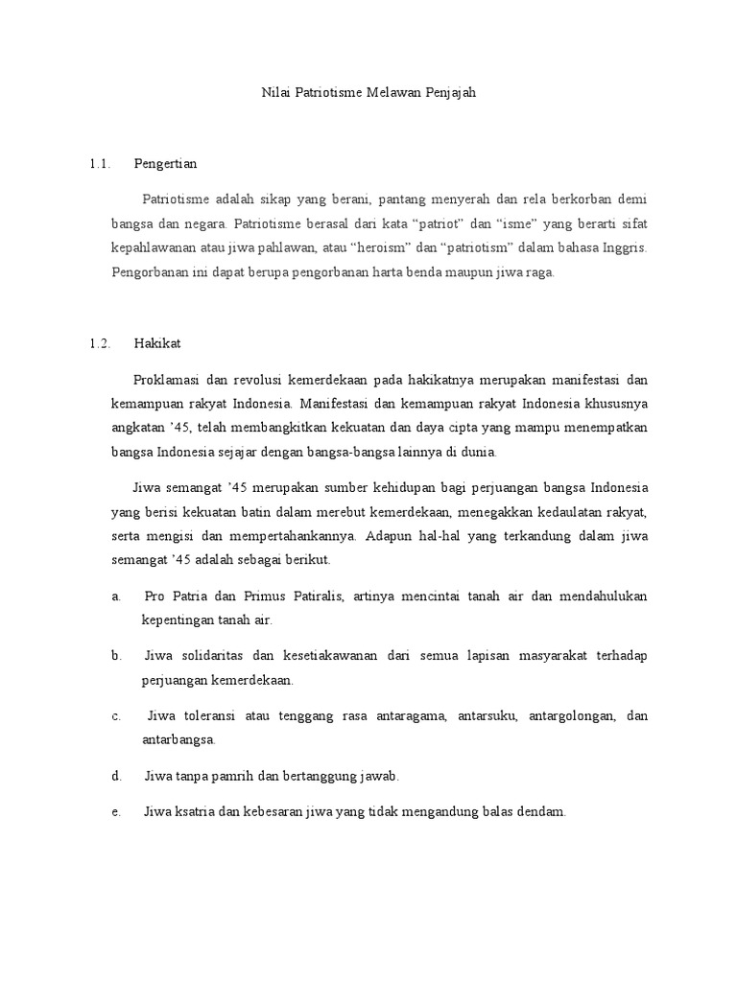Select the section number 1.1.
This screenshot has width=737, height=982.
[x=100, y=164]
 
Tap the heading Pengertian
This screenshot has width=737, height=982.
[x=166, y=164]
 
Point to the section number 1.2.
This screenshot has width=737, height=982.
[x=100, y=342]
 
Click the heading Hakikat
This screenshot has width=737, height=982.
[x=157, y=342]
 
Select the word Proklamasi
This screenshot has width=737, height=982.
[x=166, y=379]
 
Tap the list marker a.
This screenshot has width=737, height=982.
[x=115, y=596]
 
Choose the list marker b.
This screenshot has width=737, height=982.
[x=115, y=656]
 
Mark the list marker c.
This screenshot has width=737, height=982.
[x=115, y=715]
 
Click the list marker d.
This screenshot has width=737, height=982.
[x=115, y=775]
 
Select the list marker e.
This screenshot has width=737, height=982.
[x=115, y=811]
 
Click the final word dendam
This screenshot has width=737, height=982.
[x=541, y=811]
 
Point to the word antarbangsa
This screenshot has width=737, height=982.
[x=178, y=739]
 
